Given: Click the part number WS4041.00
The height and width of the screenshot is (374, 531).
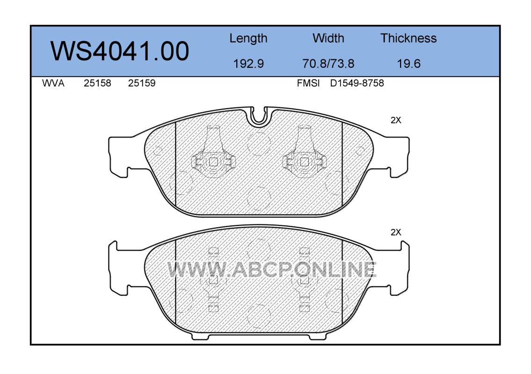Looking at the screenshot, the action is coord(120,51).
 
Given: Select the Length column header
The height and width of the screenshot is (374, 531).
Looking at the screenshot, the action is coord(248,39).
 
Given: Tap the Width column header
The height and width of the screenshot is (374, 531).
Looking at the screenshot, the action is coord(328,38).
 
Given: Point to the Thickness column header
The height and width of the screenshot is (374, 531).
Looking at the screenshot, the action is coord(408,38).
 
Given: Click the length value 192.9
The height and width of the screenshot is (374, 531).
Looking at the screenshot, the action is coord(248,64).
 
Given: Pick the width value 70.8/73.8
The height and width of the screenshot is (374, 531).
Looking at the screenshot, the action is coord(328,64).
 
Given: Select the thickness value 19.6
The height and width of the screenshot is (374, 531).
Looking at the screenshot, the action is coord(408,64).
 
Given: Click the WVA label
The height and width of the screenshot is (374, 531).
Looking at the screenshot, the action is coord(53,83).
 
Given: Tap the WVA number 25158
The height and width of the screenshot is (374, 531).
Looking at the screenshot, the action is coord(97,83).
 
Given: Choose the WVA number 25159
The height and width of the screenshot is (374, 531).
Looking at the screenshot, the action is coord(142,83).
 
